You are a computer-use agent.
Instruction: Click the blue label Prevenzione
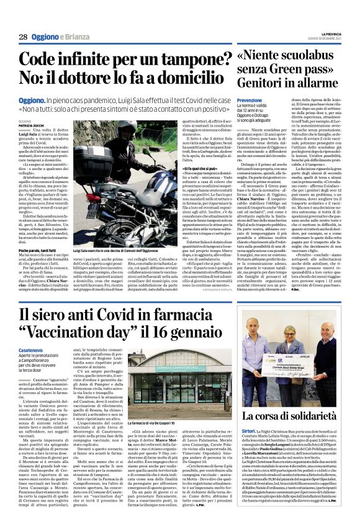click(250, 100)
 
